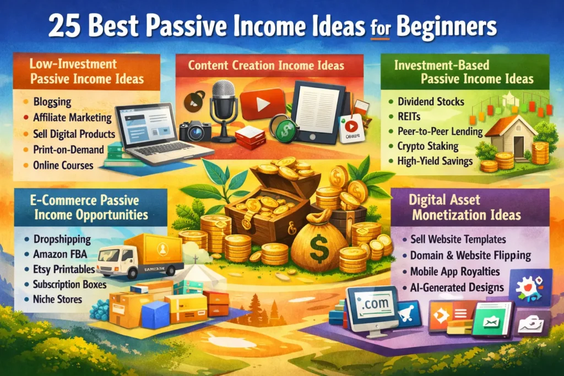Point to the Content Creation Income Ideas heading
click(x=266, y=66)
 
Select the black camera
click(x=195, y=130)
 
